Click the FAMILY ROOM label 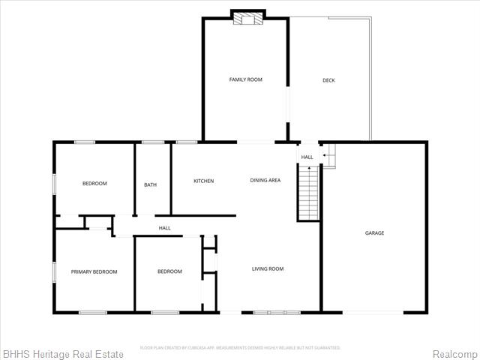pyautogui.click(x=245, y=79)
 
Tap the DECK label pyautogui.click(x=328, y=80)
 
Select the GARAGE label pyautogui.click(x=374, y=233)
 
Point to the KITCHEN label pyautogui.click(x=203, y=181)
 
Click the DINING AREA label pyautogui.click(x=265, y=181)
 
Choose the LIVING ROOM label pyautogui.click(x=267, y=268)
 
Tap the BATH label pyautogui.click(x=150, y=184)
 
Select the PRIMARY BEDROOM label pyautogui.click(x=94, y=271)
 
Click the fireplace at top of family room pyautogui.click(x=247, y=18)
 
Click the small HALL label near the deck pyautogui.click(x=307, y=157)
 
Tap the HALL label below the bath pyautogui.click(x=164, y=228)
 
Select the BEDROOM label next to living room pyautogui.click(x=169, y=271)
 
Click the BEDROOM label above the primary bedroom pyautogui.click(x=94, y=184)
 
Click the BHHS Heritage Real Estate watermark pyautogui.click(x=51, y=352)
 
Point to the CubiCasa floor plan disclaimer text pyautogui.click(x=240, y=347)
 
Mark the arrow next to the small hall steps pyautogui.click(x=325, y=155)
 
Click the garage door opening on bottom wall pyautogui.click(x=373, y=312)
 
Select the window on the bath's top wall pyautogui.click(x=153, y=142)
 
